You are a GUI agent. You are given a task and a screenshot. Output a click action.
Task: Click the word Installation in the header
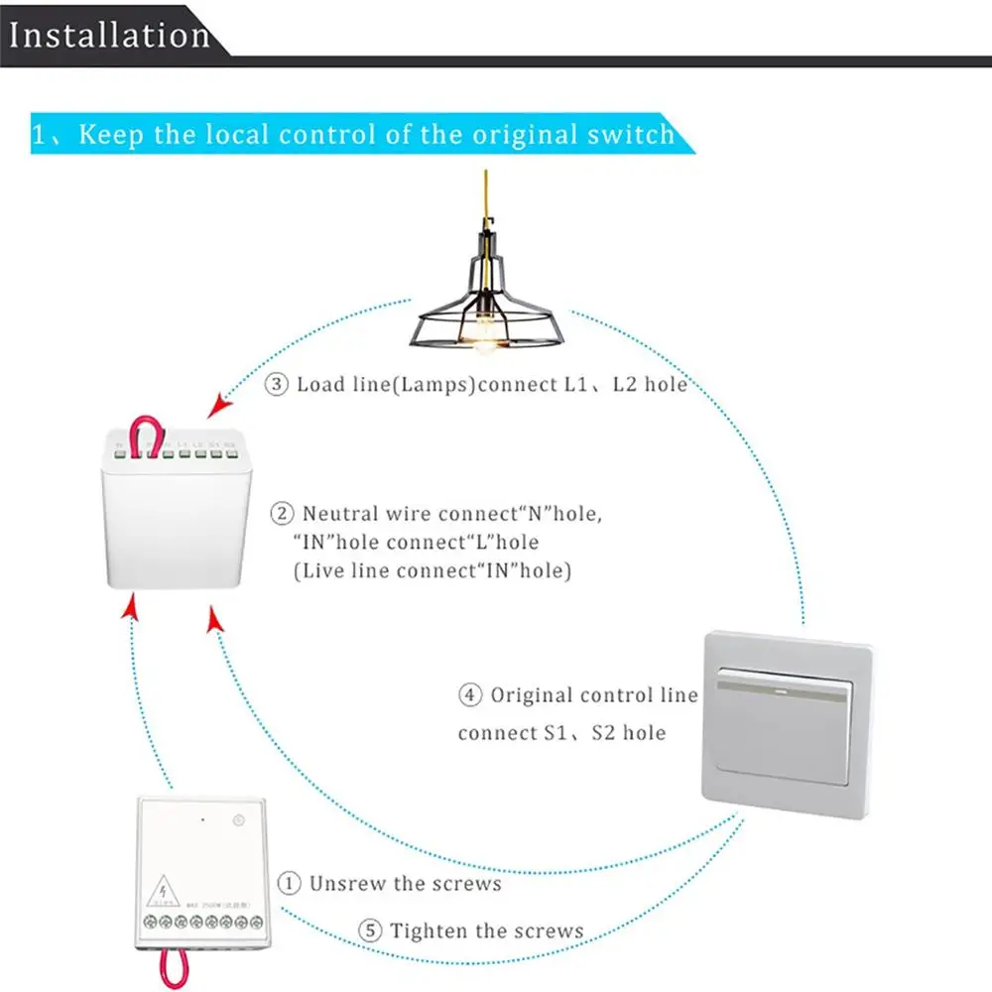(109, 36)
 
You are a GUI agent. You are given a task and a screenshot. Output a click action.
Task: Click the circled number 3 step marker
(277, 384)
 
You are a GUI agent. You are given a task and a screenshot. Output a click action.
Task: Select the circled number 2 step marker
(283, 514)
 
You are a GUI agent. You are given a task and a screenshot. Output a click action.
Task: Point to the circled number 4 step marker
(470, 695)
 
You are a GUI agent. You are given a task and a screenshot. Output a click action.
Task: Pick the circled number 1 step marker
(289, 882)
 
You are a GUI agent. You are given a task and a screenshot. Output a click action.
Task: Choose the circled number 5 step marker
(369, 930)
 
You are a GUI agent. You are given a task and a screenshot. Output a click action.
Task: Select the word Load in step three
(316, 384)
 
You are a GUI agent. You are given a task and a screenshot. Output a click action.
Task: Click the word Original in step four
(531, 695)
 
